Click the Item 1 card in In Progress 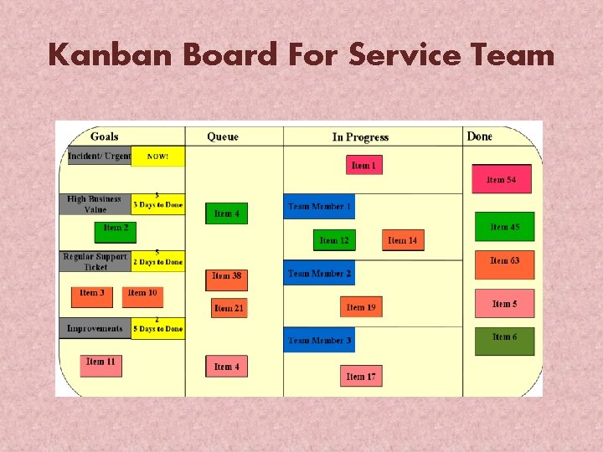coord(363,165)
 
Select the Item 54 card coord(501,179)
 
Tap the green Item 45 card coord(504,227)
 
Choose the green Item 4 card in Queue coord(226,213)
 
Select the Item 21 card coord(229,308)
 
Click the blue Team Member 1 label coord(319,206)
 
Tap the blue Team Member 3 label coord(319,340)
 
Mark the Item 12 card coord(334,240)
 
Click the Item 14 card coord(402,240)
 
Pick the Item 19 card coord(360,307)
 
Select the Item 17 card coord(361,376)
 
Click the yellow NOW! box coord(157,156)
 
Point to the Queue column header coord(223,136)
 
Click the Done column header coord(480,136)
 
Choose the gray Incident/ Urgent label coord(99,156)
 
